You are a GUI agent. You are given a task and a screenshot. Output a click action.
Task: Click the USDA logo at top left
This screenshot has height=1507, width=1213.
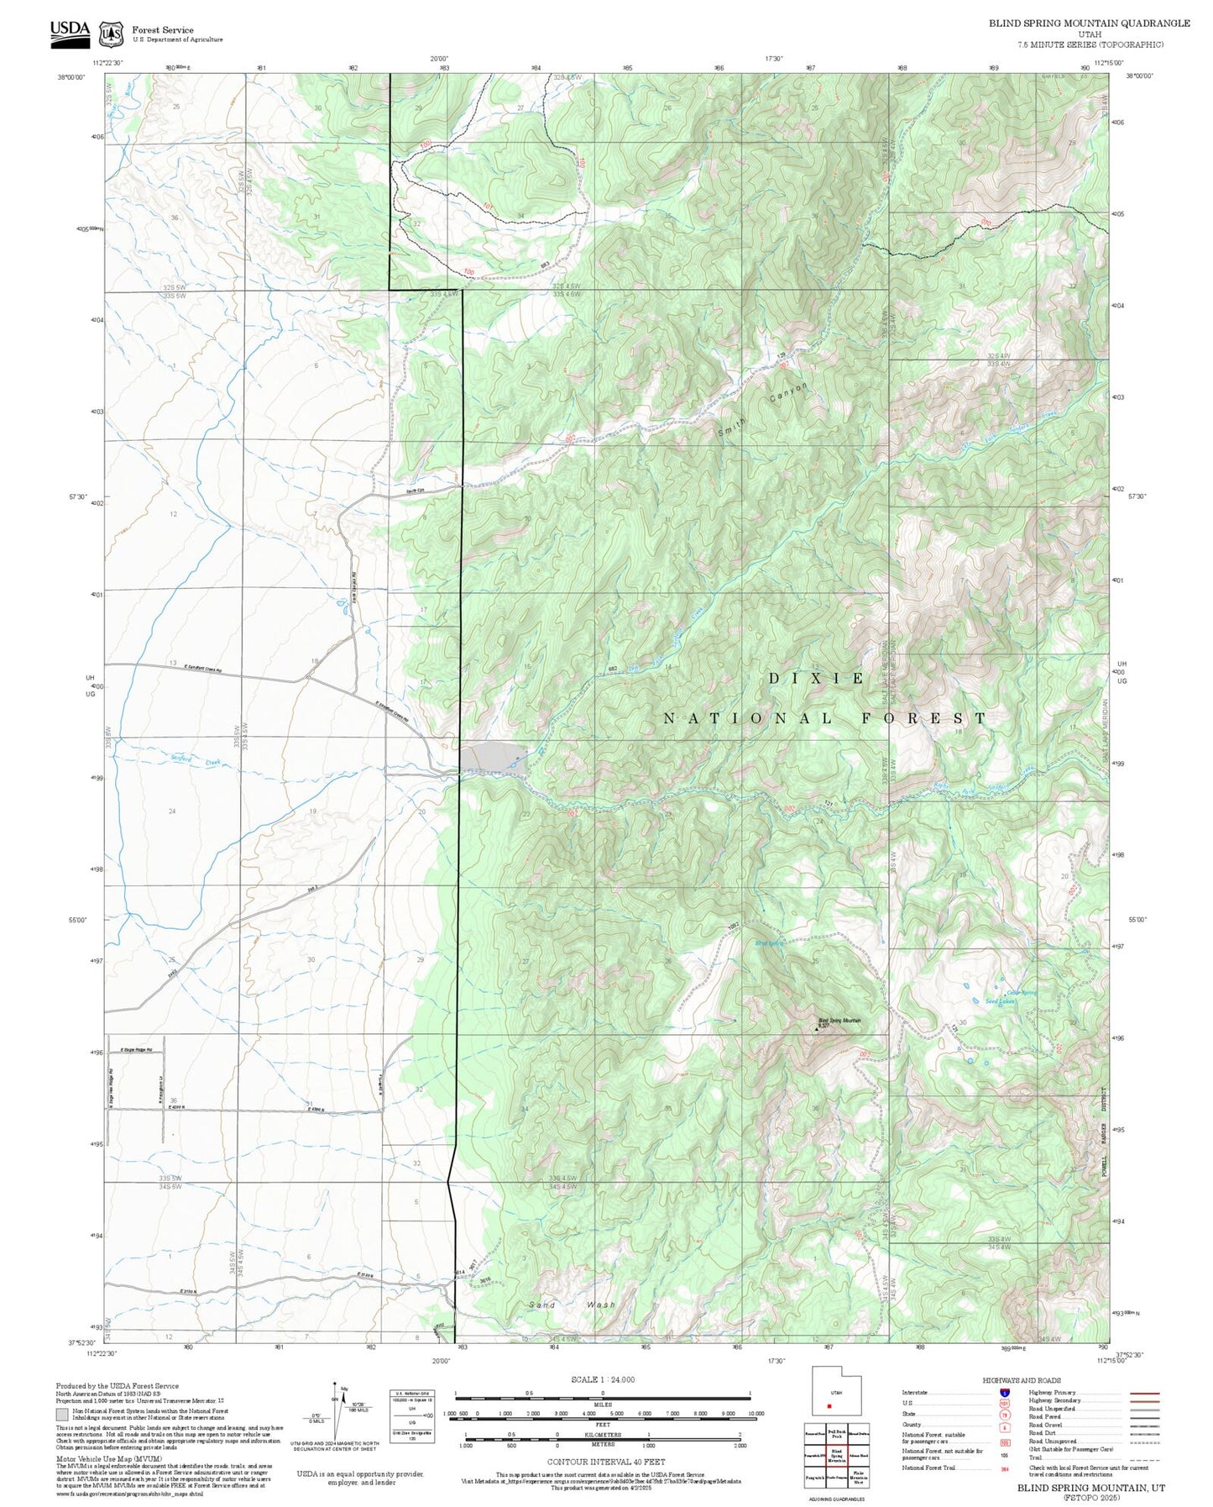[x=70, y=29]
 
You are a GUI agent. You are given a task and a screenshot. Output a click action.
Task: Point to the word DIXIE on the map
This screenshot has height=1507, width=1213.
[x=817, y=679]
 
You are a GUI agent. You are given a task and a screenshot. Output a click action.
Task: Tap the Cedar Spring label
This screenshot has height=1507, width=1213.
[x=1022, y=993]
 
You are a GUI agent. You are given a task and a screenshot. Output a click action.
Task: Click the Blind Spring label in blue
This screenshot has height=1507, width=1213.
[x=769, y=943]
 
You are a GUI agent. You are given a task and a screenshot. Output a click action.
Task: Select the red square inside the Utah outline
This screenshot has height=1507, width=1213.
[x=829, y=1405]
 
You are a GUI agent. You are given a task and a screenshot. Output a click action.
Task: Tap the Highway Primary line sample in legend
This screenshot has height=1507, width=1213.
[x=1144, y=1393]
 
